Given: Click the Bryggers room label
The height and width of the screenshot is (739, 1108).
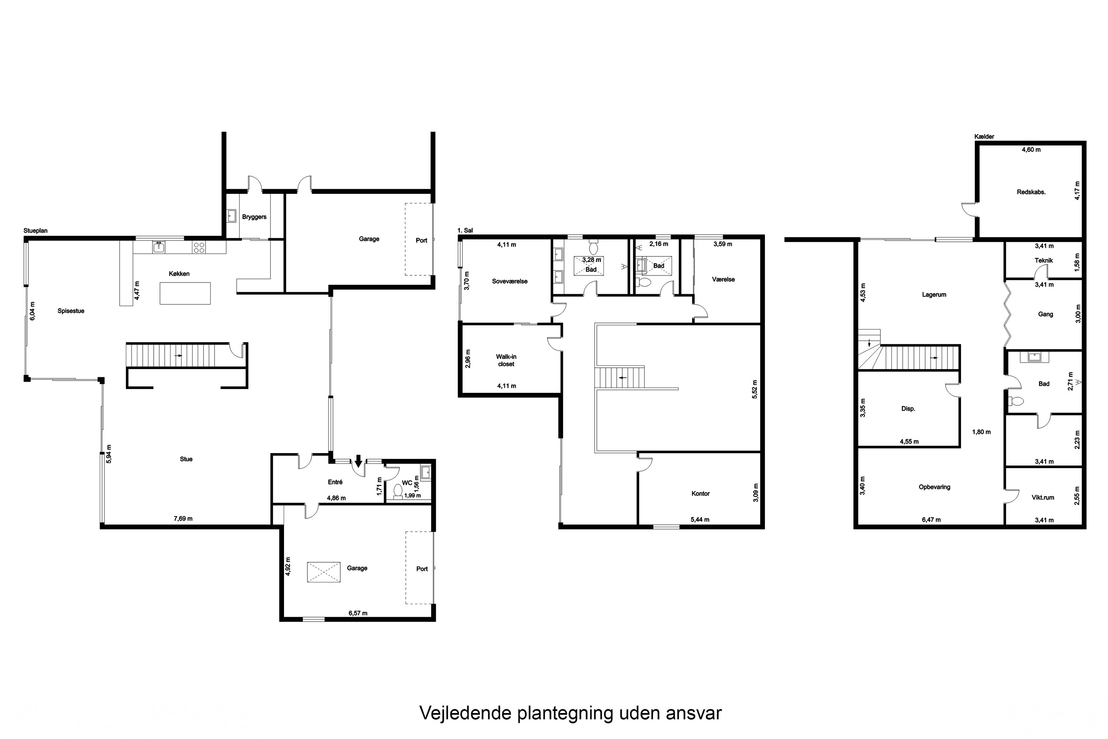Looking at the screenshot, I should coord(254,217).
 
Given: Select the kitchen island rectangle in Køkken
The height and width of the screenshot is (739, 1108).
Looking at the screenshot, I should coord(185,293).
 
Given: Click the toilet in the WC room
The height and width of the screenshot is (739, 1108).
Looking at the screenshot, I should coord(398,491).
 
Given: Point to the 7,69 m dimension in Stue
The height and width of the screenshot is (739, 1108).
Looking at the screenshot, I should coord(183,518).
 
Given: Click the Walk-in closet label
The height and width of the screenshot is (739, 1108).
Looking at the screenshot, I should coord(506,360).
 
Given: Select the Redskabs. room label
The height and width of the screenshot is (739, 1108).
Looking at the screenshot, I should coord(1031,192).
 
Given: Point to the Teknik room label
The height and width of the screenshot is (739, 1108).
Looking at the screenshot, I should coord(1043,260).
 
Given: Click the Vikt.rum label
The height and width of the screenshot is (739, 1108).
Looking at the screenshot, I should coord(1043,497).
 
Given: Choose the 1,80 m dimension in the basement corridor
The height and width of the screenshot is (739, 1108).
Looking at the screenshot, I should coord(981,432).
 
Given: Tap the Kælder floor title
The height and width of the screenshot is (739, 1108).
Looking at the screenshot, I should coord(984,137).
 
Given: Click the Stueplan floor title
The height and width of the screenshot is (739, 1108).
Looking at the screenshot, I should coord(35,231).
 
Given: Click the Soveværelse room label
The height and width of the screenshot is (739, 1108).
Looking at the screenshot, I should coord(509,281).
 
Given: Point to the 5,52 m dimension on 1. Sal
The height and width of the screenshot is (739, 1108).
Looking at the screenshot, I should coord(754,389).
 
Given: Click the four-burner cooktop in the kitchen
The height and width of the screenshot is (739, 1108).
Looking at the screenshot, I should coord(199,247).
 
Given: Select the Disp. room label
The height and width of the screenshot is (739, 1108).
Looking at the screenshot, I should coord(908,409).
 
